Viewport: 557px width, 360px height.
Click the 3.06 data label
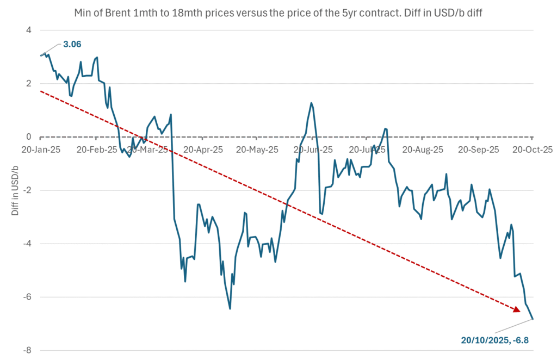pos(72,44)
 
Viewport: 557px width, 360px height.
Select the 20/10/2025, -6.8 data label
pos(495,341)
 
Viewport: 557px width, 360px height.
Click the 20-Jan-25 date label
pos(42,149)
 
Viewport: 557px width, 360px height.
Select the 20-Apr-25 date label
pos(202,149)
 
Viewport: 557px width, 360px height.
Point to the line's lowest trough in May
pos(230,309)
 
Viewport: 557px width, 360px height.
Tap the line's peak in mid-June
pos(311,103)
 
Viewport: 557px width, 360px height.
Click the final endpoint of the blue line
pos(533,319)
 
